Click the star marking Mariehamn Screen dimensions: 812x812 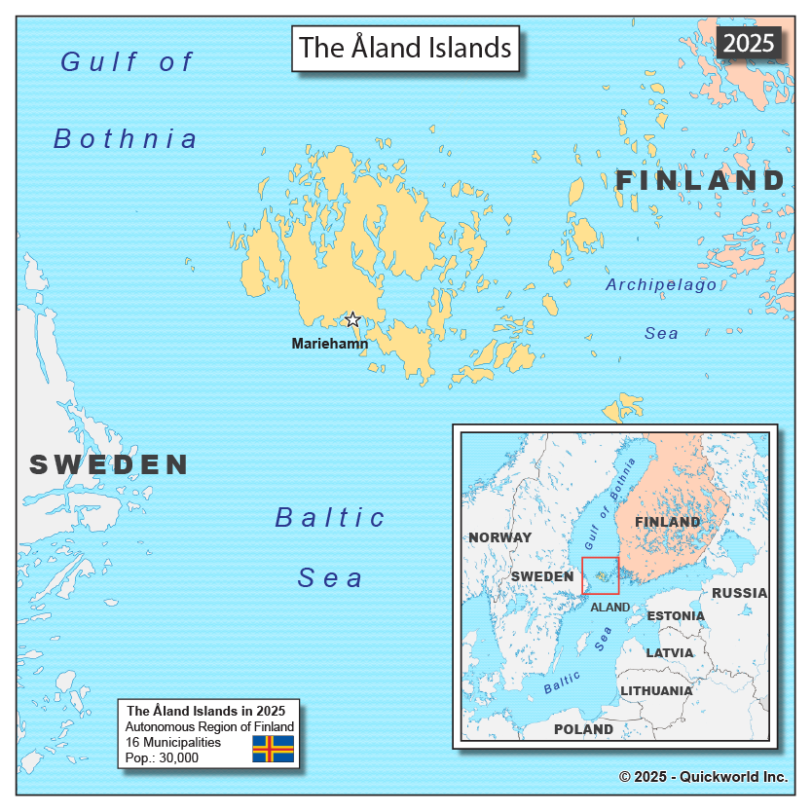(352, 320)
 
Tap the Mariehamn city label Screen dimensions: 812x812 (330, 344)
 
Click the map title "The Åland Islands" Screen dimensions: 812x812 (405, 48)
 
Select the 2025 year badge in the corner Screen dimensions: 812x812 (748, 43)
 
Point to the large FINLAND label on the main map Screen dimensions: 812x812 (700, 181)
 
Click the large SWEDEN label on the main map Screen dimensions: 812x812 (109, 464)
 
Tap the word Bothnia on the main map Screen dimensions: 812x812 (126, 139)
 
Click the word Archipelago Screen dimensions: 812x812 (661, 284)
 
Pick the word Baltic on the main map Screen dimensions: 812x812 (331, 517)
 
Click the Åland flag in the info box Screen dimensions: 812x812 (274, 749)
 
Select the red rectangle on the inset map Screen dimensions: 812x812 (600, 575)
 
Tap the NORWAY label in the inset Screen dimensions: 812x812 (500, 537)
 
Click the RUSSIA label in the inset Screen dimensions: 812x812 (739, 593)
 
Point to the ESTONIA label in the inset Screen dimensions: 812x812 (676, 616)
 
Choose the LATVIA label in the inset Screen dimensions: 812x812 (670, 652)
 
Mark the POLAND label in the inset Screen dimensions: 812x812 (583, 729)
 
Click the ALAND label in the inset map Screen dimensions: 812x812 (610, 608)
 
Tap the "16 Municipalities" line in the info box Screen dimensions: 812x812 (173, 742)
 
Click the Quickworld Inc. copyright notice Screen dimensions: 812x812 (703, 777)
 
